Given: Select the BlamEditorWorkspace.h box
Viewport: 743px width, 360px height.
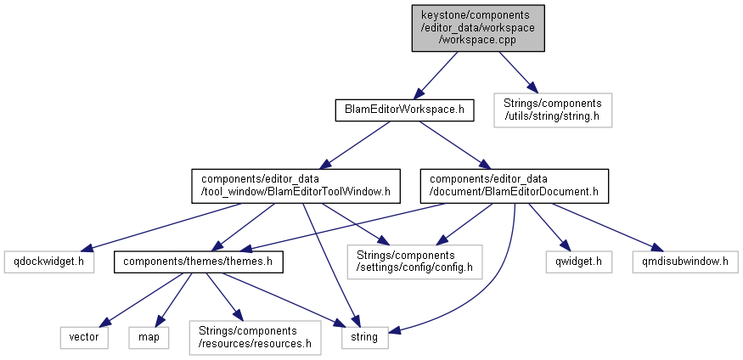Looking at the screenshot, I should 391,110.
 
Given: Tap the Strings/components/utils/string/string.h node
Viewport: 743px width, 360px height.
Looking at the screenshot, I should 552,110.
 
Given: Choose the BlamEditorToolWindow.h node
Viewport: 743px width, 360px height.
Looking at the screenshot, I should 296,185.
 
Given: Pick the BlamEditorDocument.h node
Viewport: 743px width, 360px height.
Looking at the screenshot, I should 515,185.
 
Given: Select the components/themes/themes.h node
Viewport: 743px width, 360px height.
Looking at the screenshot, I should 198,262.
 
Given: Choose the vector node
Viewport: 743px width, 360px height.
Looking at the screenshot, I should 83,337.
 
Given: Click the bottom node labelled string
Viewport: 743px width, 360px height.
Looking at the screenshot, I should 365,337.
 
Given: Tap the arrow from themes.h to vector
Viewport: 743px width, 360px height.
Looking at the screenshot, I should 137,301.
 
